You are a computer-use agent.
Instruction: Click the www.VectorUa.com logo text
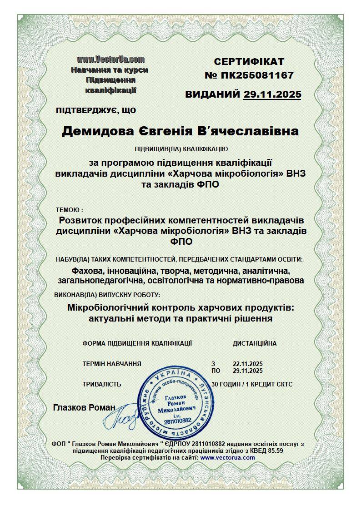pyautogui.click(x=110, y=59)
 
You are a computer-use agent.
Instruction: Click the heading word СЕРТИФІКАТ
pyautogui.click(x=249, y=62)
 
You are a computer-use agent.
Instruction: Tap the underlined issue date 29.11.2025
pyautogui.click(x=272, y=94)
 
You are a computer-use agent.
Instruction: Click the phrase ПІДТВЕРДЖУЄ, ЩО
pyautogui.click(x=96, y=110)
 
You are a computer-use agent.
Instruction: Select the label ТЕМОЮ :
pyautogui.click(x=69, y=210)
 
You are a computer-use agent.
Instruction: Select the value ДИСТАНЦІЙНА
pyautogui.click(x=254, y=343)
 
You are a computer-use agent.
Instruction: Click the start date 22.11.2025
pyautogui.click(x=248, y=364)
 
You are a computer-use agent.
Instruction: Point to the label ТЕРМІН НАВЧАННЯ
pyautogui.click(x=112, y=364)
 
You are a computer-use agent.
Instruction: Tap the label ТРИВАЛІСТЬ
pyautogui.click(x=102, y=384)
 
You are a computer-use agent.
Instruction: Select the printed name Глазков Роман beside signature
pyautogui.click(x=84, y=407)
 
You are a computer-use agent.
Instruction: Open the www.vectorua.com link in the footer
pyautogui.click(x=227, y=457)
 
